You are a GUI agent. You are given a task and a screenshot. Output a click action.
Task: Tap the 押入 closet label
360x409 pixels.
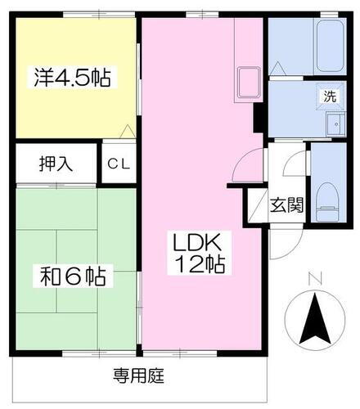[56, 164]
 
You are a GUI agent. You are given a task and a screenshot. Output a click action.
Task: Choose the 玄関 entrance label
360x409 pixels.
[287, 204]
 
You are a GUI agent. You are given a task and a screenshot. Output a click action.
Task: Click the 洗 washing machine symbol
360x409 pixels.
[329, 95]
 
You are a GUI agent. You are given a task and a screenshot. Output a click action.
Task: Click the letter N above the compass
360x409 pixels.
[315, 281]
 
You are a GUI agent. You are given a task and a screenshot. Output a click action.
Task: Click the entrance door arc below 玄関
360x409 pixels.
[282, 242]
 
